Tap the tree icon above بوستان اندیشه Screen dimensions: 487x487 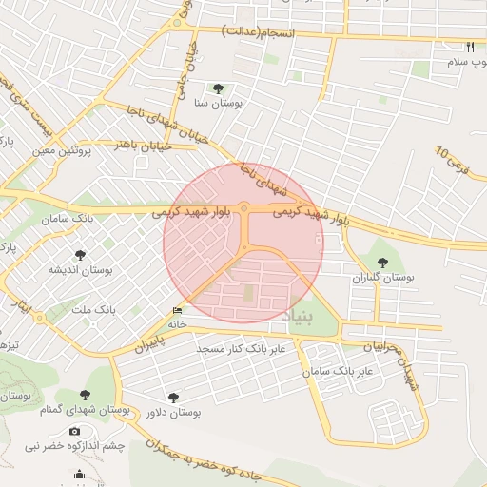[x=80, y=255]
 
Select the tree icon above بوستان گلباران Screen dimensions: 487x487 [x=383, y=263]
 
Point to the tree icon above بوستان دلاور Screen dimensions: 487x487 [x=173, y=398]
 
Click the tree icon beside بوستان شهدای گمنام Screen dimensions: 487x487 [x=86, y=394]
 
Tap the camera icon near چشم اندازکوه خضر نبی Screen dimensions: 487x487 [x=75, y=431]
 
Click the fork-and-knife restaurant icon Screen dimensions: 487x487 [x=469, y=47]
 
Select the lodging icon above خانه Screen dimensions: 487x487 [x=178, y=310]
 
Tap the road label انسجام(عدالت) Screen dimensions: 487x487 [x=258, y=32]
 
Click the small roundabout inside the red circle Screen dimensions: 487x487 [x=244, y=207]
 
